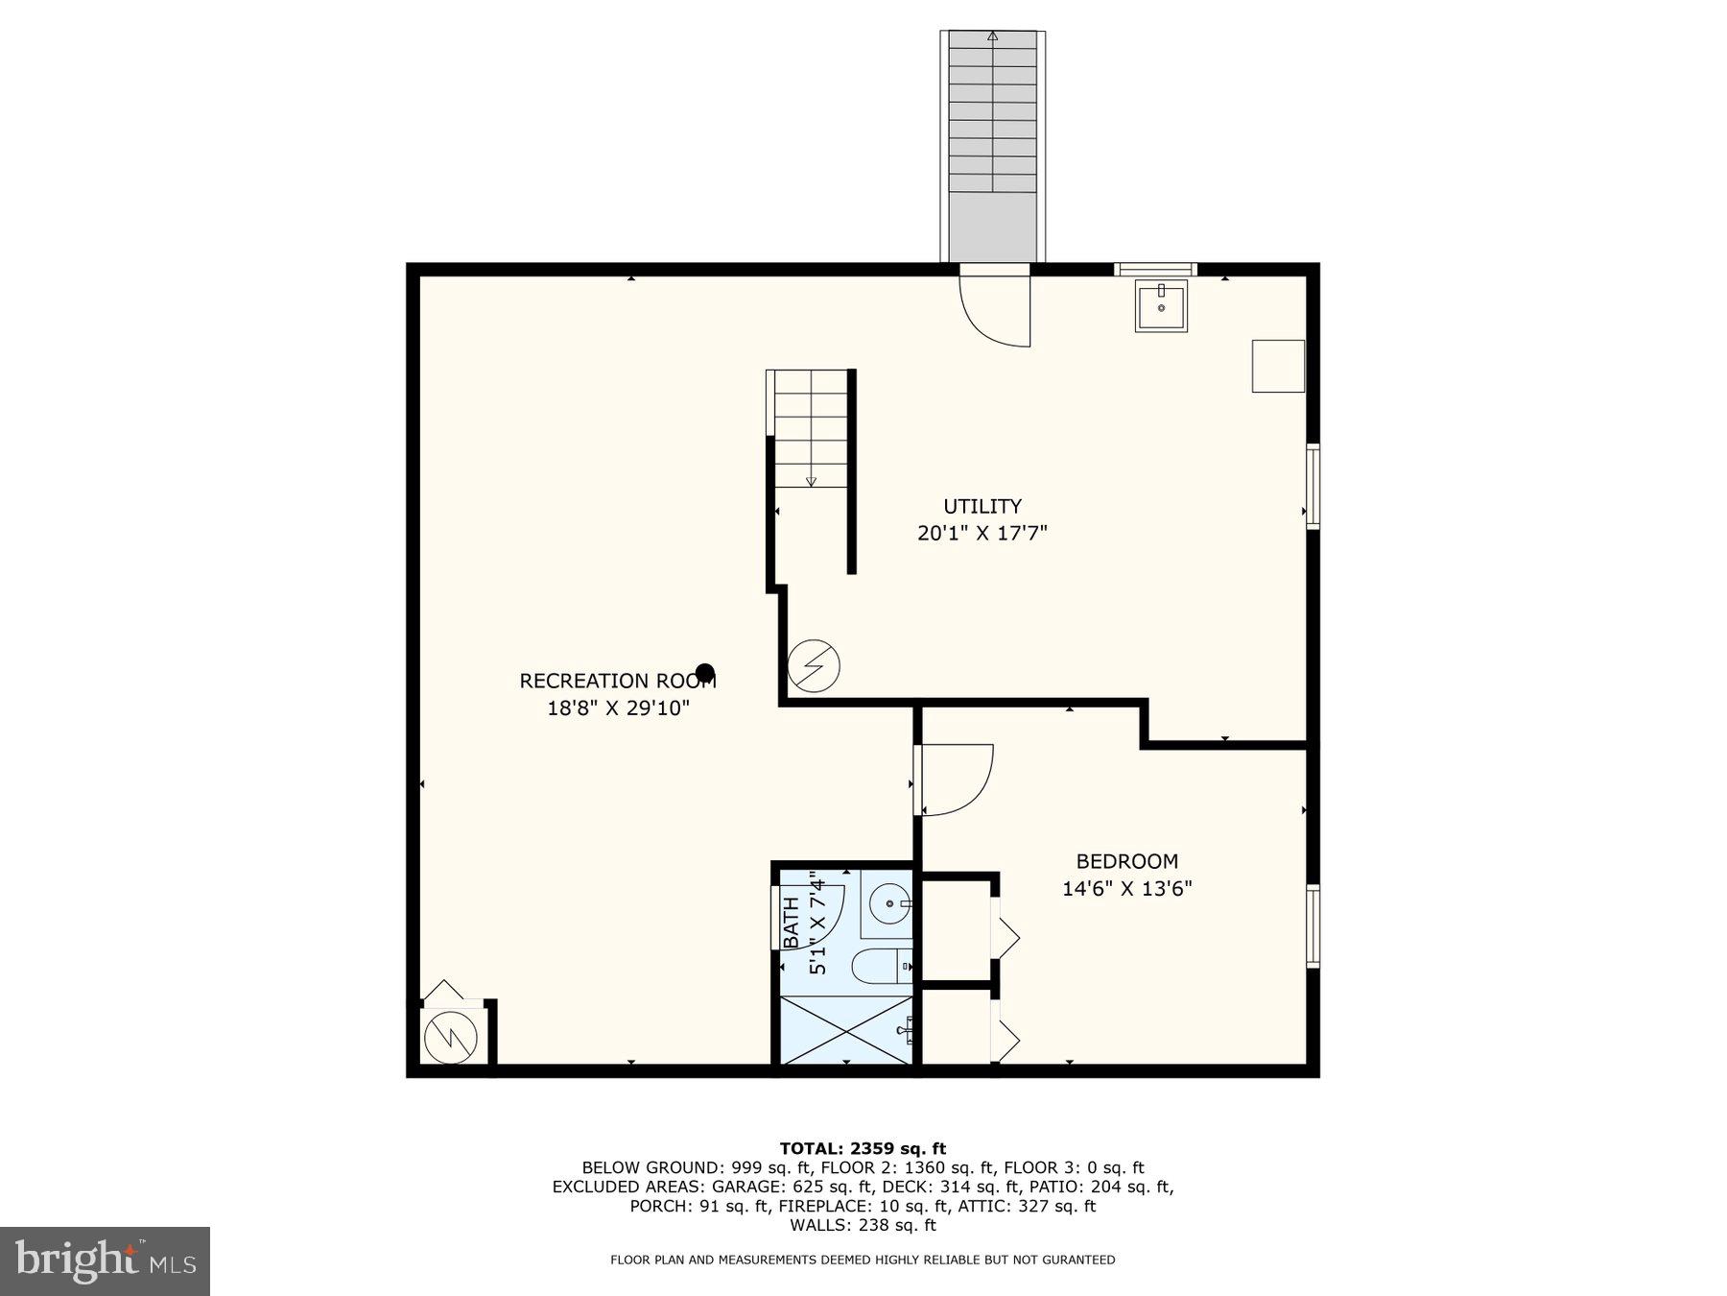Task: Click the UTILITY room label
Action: click(x=982, y=506)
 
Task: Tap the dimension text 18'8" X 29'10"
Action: click(x=618, y=708)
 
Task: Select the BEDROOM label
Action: click(x=1126, y=861)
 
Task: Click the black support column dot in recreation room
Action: click(x=705, y=672)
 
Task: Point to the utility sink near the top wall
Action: click(x=1161, y=305)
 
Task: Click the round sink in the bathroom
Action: click(x=889, y=903)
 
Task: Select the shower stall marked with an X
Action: click(x=843, y=1030)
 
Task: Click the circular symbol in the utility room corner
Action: click(x=814, y=665)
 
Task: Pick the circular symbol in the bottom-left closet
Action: click(x=451, y=1035)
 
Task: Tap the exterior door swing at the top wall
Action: click(x=996, y=309)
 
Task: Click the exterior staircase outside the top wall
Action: click(x=992, y=144)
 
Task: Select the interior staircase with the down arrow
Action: click(x=811, y=432)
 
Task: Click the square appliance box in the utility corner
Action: click(x=1277, y=366)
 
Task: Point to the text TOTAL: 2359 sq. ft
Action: click(x=863, y=1148)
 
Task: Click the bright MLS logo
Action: click(x=105, y=1260)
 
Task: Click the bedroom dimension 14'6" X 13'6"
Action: click(x=1126, y=889)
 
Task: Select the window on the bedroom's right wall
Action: click(x=1312, y=925)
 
